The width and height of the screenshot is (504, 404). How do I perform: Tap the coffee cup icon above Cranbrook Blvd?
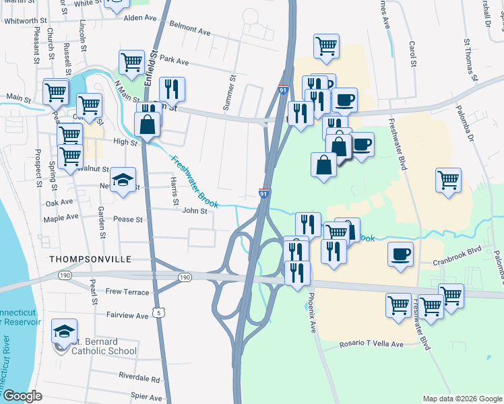tap(401, 255)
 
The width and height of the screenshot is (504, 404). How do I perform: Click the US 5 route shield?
tap(158, 312)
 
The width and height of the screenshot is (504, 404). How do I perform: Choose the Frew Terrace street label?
tap(127, 292)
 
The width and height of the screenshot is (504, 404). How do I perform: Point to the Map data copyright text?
tap(462, 399)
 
